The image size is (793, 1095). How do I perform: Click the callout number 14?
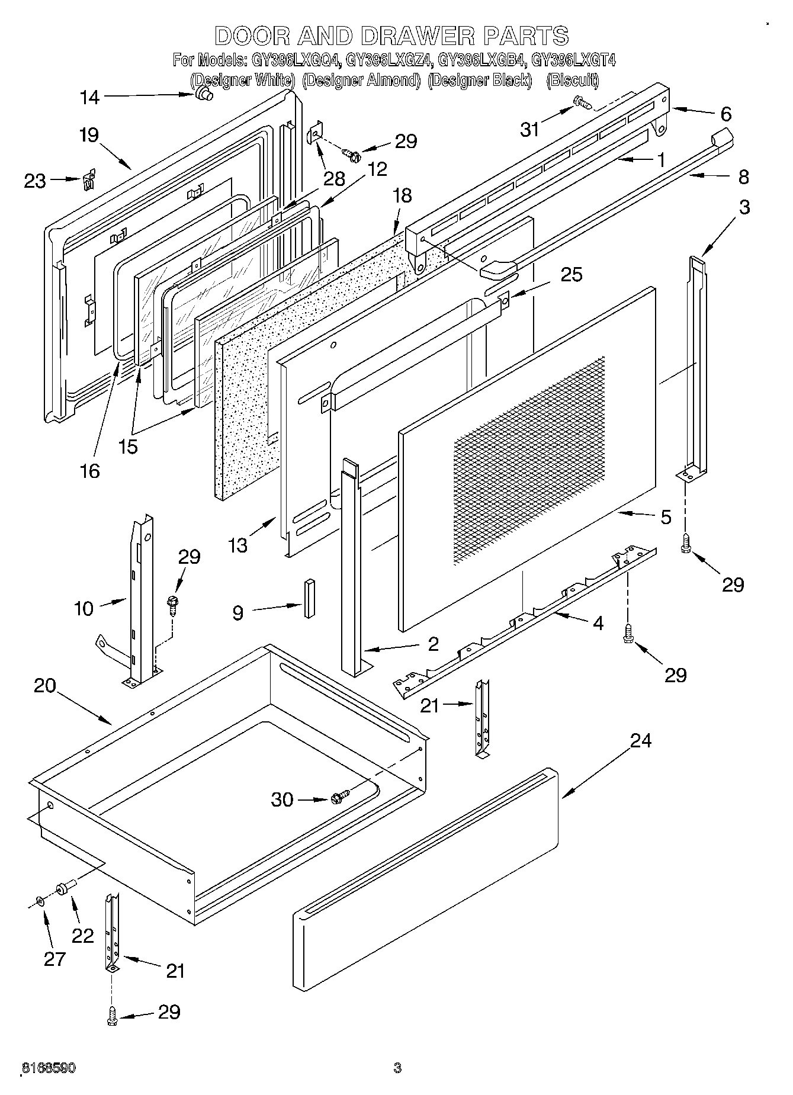[x=90, y=97]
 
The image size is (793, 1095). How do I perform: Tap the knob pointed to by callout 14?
[x=205, y=94]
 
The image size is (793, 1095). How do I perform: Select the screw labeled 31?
[x=583, y=104]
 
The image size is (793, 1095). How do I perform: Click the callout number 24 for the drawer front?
[x=641, y=741]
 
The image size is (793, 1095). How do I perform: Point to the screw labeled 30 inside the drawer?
[x=341, y=797]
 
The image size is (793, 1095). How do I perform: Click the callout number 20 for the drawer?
[x=45, y=686]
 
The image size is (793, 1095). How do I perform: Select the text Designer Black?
[x=479, y=81]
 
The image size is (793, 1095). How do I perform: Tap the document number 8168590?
[x=49, y=1068]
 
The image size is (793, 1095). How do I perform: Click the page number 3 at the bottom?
[x=397, y=1068]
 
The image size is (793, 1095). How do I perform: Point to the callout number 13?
[x=238, y=545]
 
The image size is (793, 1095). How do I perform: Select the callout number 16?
[x=90, y=471]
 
